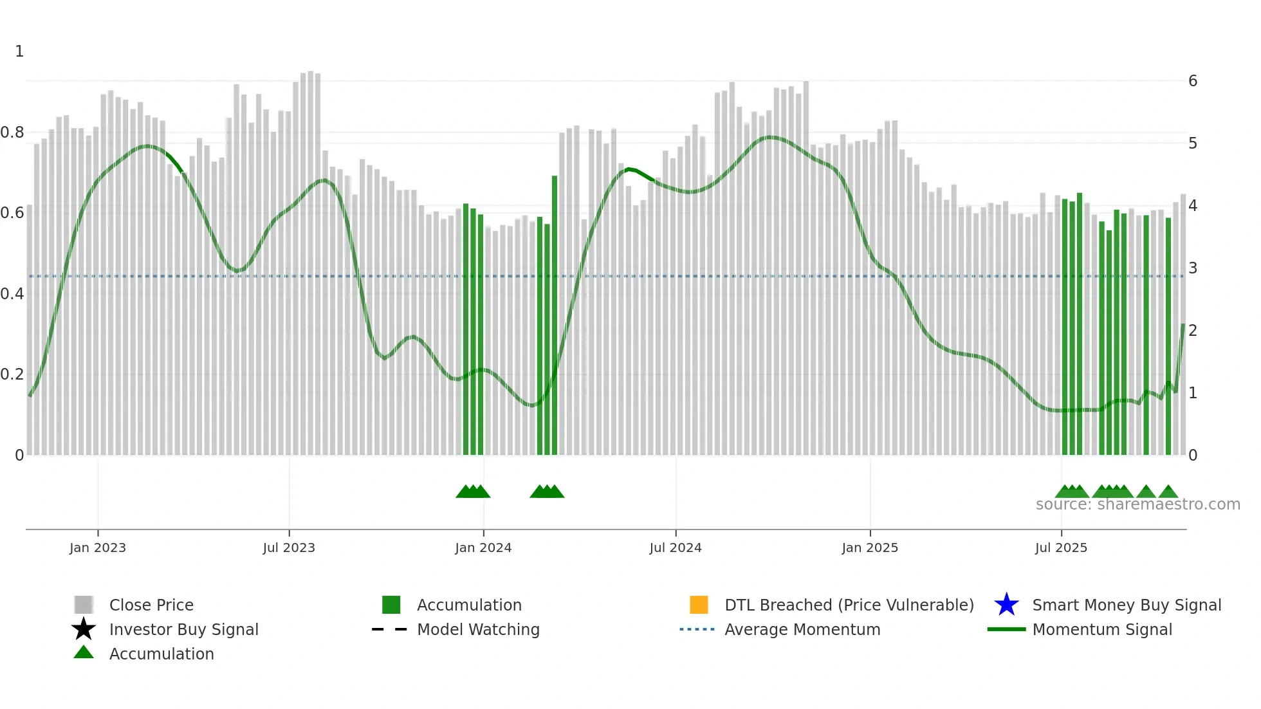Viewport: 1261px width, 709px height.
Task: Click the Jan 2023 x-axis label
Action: point(98,548)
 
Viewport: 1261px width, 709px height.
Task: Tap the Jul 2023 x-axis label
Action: point(289,548)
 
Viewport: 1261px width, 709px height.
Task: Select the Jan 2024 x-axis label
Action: point(483,548)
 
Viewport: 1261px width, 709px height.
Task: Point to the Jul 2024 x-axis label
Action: point(676,548)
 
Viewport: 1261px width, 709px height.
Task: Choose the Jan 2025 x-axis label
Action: point(870,548)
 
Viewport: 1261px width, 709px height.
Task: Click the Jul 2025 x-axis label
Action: point(1061,548)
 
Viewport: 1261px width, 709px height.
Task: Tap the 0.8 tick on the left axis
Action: point(12,133)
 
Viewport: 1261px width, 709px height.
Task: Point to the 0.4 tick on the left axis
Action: point(12,294)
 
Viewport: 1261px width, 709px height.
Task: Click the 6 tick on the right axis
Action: point(1193,81)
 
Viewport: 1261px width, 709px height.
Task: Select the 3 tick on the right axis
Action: point(1193,268)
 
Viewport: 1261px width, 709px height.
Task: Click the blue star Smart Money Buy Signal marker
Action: point(1006,605)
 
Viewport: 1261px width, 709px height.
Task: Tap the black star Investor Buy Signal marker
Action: point(84,629)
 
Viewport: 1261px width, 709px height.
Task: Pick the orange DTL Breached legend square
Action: point(699,605)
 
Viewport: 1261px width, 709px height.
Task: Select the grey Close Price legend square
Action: point(84,605)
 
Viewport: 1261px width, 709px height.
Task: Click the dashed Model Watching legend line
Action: point(390,629)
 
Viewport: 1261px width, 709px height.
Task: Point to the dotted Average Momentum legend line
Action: point(697,629)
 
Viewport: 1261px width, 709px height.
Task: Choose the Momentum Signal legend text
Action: point(1102,629)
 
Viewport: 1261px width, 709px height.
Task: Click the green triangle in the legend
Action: point(84,652)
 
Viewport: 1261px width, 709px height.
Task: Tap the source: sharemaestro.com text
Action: point(1137,504)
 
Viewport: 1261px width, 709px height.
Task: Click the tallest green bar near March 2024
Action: point(555,315)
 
